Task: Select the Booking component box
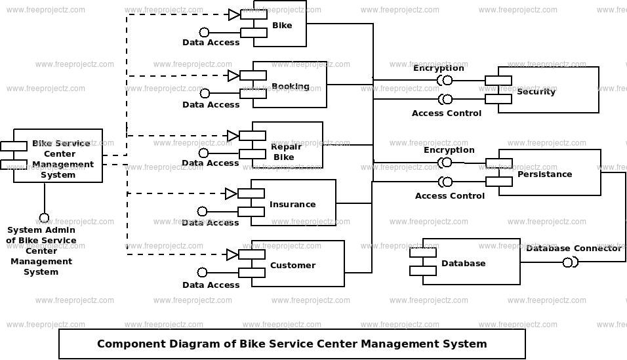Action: tap(289, 85)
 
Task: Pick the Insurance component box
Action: tap(293, 204)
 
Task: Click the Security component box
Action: tap(548, 90)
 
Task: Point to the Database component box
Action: tap(471, 262)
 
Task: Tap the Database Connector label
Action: tap(573, 248)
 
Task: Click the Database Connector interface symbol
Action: tap(569, 262)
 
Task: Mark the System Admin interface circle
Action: tap(44, 218)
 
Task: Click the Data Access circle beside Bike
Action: tap(205, 32)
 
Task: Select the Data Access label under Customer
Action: tap(211, 285)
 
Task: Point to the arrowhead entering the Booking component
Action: tap(233, 75)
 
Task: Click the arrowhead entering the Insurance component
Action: tap(231, 193)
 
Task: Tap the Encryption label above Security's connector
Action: tap(438, 68)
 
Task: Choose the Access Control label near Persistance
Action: tap(450, 195)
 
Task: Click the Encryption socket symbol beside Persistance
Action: tap(447, 163)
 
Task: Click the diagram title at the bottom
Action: tap(292, 344)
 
